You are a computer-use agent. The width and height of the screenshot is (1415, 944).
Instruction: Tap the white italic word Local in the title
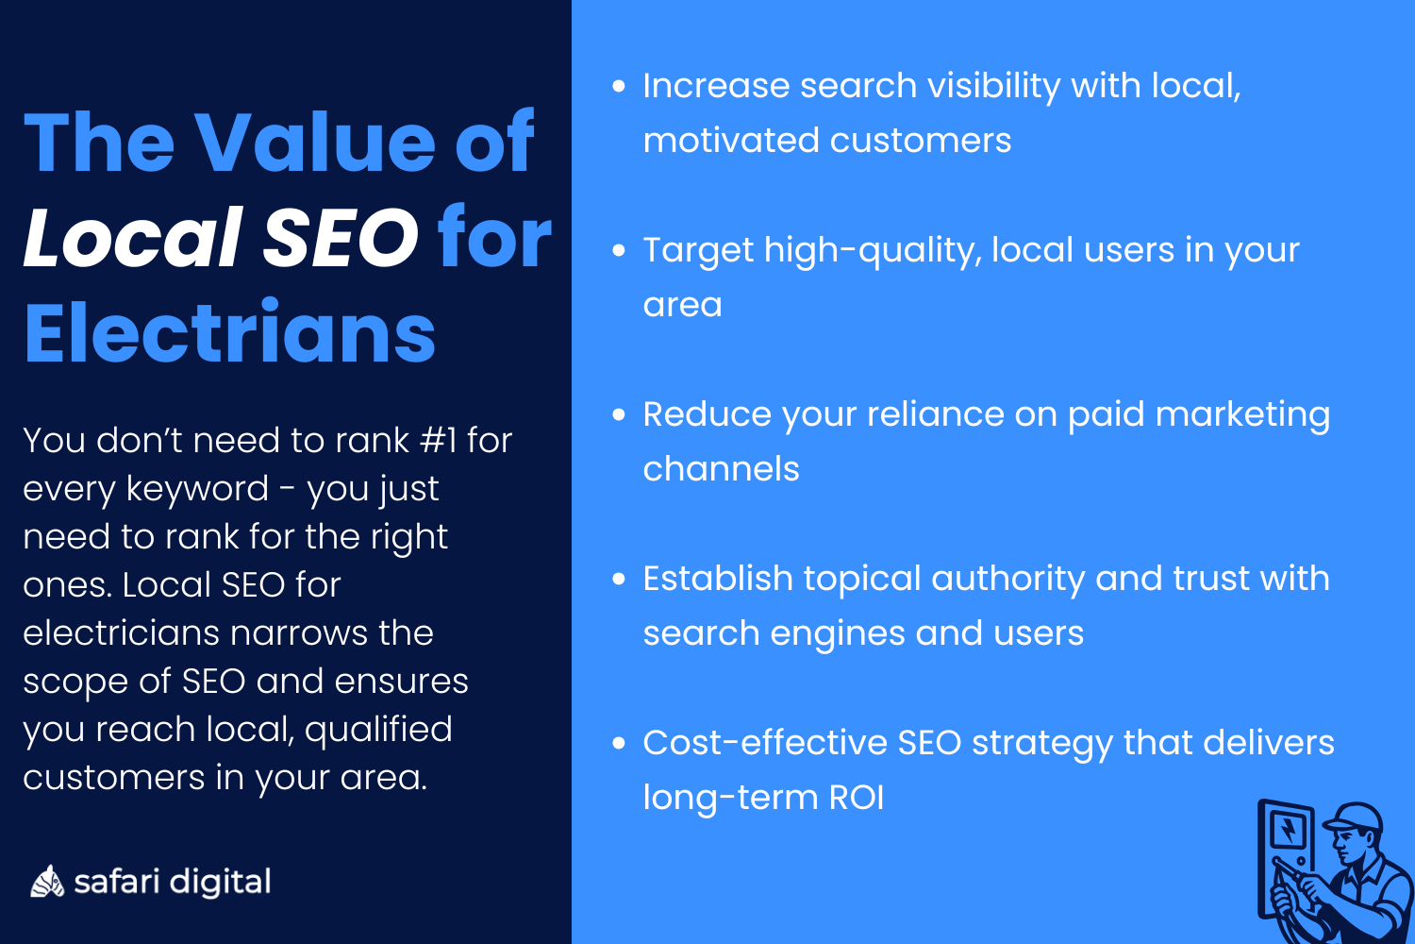pos(133,237)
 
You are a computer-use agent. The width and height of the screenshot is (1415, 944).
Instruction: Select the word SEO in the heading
pos(341,237)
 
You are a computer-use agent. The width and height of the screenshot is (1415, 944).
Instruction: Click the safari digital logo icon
pos(46,881)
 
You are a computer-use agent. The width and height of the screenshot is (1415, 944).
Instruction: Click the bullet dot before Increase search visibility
pos(619,86)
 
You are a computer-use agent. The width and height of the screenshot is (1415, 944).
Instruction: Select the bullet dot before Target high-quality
pos(619,250)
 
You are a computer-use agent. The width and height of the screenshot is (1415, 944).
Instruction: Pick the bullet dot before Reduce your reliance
pos(619,414)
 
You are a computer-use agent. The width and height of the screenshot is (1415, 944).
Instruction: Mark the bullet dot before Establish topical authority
pos(619,579)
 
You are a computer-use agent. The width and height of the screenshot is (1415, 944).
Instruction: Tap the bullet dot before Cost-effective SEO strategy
pos(619,743)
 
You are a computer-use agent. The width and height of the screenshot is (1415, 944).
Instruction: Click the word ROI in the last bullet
pos(857,798)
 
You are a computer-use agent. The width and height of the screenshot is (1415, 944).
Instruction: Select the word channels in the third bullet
pos(721,469)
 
